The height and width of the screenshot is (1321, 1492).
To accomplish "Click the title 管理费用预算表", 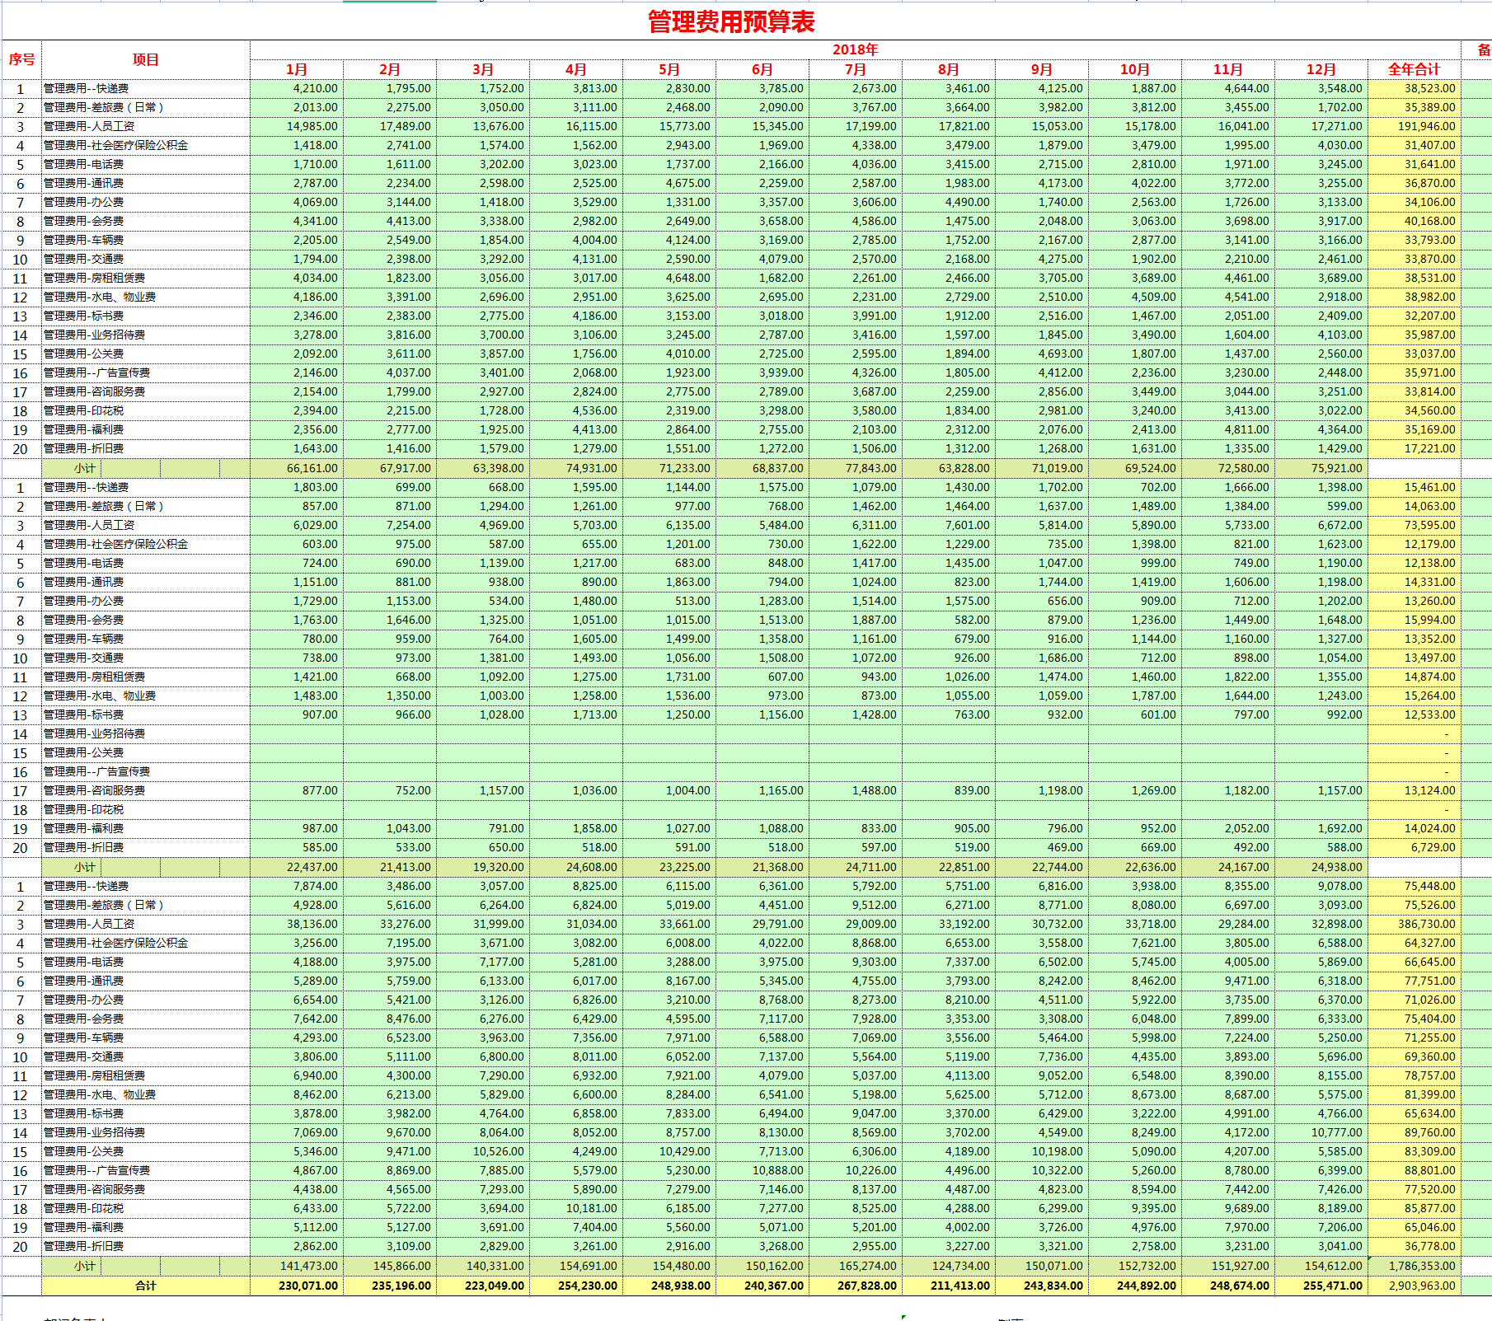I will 731,21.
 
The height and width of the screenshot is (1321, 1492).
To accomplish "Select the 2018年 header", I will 855,49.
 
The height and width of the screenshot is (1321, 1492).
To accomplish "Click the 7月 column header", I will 855,69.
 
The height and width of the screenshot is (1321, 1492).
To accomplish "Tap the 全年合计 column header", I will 1414,69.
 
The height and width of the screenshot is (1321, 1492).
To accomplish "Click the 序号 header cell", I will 21,59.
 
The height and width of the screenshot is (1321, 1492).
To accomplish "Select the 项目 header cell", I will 146,59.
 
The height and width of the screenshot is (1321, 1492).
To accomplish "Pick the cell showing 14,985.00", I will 312,126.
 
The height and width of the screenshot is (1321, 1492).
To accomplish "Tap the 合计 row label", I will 146,1286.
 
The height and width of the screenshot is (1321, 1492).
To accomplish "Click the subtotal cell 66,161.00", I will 312,468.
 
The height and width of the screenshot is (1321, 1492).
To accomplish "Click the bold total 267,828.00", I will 866,1286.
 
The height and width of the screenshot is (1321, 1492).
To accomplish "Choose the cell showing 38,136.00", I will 312,924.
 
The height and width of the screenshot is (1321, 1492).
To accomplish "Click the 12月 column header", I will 1321,69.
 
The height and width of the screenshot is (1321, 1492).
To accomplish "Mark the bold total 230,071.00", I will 307,1286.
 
